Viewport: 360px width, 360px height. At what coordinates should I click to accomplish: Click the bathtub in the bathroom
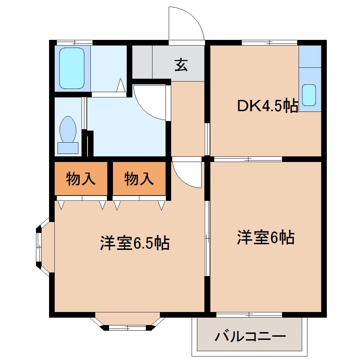72,68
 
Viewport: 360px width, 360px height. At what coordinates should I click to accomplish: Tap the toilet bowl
68,129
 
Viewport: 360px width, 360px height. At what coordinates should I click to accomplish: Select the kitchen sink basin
310,95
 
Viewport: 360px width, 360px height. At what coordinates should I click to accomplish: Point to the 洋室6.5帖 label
135,243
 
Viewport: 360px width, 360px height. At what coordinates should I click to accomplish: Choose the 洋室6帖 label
265,238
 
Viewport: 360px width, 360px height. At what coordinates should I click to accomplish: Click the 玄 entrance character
181,65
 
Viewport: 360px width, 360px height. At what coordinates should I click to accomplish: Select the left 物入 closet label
81,179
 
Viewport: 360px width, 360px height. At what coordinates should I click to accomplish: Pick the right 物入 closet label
139,179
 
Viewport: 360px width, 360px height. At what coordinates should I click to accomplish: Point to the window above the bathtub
74,42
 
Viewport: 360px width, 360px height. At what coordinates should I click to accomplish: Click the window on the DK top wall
270,42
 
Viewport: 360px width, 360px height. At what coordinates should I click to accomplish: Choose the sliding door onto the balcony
249,314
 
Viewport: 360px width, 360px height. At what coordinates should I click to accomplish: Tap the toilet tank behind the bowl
68,148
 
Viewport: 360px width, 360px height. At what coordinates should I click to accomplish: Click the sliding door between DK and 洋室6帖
248,159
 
